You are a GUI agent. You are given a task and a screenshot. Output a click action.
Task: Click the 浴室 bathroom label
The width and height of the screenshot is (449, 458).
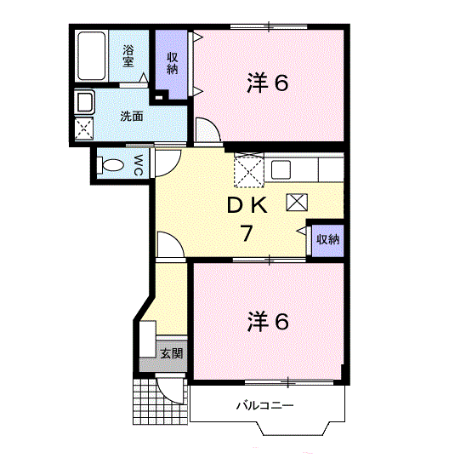click(x=128, y=55)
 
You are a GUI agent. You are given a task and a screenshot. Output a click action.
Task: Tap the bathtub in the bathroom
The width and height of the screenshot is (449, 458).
click(x=91, y=56)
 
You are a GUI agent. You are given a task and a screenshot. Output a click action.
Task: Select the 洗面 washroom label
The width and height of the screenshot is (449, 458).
click(x=132, y=117)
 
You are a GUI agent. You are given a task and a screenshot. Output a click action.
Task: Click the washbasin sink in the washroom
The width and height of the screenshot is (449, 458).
click(x=84, y=101)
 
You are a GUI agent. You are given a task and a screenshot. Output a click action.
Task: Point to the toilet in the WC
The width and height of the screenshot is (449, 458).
click(x=111, y=165)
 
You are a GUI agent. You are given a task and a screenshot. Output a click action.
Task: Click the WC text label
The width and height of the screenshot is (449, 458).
click(x=138, y=165)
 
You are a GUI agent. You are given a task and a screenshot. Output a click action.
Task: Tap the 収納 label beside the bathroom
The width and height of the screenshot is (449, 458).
click(x=172, y=63)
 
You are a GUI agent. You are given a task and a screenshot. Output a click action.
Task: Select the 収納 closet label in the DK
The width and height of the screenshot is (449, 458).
click(x=328, y=239)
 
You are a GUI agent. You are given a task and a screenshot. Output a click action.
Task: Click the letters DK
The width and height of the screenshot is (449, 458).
click(x=247, y=205)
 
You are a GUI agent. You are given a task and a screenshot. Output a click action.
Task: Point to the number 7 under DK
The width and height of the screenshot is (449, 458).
click(x=247, y=233)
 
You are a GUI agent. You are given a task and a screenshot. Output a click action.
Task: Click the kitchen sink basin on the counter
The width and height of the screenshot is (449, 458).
click(x=281, y=169)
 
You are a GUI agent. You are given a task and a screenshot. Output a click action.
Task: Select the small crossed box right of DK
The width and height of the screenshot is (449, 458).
click(x=297, y=203)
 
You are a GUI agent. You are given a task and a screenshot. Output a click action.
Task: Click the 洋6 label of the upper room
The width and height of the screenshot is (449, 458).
click(x=268, y=83)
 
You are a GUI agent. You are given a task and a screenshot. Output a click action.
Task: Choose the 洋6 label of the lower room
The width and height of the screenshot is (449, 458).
click(x=268, y=322)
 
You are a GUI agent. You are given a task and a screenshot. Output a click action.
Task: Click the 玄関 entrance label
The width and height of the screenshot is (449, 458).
click(x=172, y=353)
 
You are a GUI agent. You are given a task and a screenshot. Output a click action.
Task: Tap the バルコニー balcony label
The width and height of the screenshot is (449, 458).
click(x=265, y=405)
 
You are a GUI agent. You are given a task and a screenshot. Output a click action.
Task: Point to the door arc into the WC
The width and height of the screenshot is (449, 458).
click(x=172, y=169)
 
